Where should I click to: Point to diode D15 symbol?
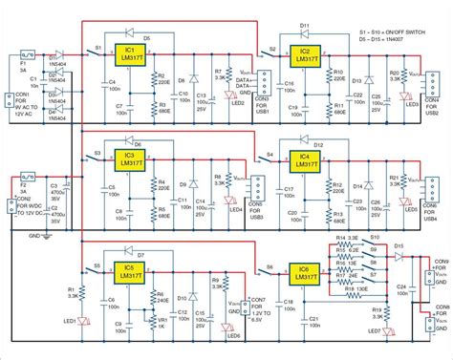pos(399,256)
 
